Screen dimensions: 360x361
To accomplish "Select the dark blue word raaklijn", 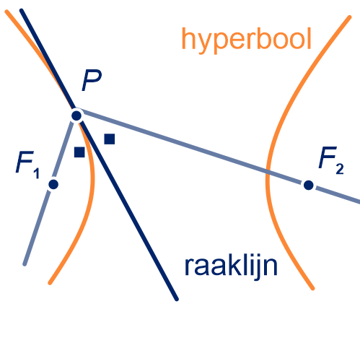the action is pos(231,266).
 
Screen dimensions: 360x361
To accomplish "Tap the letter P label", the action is pos(92,80).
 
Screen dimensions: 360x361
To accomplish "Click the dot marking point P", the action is pos(76,116).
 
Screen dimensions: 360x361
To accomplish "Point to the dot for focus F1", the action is pos(53,184).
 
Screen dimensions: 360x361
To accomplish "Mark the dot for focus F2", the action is pos(309,185).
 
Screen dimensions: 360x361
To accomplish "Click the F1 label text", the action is pos(27,165).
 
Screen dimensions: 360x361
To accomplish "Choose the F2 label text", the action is pos(331,160).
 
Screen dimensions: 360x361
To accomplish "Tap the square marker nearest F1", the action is pos(79,152).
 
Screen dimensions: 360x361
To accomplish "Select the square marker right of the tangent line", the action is pos(110,139).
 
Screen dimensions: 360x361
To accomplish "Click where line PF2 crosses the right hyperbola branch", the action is pos(268,171).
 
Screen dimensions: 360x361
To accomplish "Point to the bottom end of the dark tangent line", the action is pos(177,299).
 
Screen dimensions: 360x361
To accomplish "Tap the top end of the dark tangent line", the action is pos(21,11).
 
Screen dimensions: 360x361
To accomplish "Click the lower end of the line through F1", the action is pos(25,264).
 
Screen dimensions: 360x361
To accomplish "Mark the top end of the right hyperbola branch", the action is pos(350,17).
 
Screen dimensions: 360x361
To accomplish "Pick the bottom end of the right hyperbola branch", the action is pos(313,288).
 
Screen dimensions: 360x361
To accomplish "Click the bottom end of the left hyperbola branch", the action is pos(50,283).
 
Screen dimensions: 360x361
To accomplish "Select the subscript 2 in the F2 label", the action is pos(340,169).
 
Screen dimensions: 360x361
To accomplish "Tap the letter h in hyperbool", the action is pos(189,38).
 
